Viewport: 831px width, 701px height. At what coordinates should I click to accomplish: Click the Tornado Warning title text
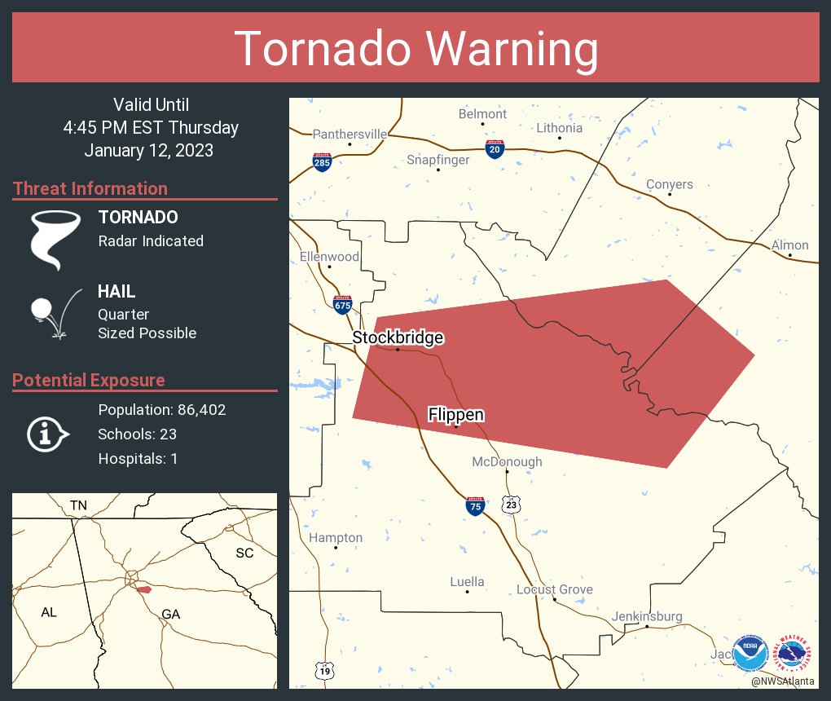point(415,49)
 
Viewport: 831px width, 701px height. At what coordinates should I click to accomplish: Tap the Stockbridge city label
point(398,337)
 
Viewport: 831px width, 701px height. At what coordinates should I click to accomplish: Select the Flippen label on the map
point(456,415)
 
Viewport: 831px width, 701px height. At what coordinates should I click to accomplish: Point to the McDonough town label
point(507,462)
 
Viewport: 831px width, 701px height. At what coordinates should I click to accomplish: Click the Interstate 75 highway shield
point(475,505)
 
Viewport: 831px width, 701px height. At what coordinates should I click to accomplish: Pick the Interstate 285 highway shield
point(322,161)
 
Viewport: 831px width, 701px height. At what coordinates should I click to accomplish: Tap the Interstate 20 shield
point(495,148)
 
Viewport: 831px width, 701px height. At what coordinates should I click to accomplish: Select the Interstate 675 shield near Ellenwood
point(343,305)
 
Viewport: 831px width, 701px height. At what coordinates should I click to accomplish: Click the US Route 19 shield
point(324,670)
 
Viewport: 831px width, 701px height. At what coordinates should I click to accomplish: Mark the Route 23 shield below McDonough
point(511,505)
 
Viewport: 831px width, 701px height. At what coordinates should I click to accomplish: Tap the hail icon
point(54,313)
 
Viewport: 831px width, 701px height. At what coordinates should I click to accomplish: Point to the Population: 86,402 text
point(161,410)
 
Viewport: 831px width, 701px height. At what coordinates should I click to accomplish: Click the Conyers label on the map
point(669,184)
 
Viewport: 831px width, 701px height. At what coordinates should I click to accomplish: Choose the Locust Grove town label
point(554,589)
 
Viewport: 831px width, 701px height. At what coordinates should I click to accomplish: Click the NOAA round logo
point(750,654)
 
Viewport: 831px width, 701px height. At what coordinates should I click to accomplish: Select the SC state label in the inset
point(244,553)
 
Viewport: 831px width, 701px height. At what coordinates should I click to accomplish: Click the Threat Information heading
point(90,188)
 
